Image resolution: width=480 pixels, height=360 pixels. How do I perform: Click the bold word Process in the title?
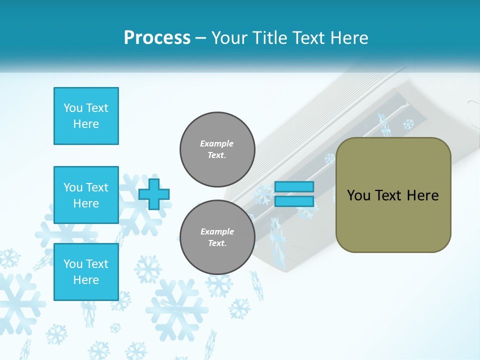157,37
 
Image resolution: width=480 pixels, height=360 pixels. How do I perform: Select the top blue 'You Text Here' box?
86,116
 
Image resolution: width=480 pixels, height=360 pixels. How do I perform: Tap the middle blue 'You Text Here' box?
86,195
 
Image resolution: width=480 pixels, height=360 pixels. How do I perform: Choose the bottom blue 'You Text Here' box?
86,272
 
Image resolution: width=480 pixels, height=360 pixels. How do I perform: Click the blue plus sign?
154,194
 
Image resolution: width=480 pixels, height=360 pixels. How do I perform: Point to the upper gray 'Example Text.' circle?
217,149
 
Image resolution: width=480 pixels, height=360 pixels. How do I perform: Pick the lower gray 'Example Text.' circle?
217,237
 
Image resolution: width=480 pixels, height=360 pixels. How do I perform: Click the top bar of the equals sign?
294,187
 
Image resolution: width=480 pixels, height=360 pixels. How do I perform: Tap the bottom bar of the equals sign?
294,201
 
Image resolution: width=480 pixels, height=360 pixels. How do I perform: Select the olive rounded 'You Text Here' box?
393,195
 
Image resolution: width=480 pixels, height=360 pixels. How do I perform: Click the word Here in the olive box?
422,195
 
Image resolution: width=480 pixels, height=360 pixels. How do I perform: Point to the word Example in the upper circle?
217,143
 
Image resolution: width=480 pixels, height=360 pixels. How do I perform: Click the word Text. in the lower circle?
217,243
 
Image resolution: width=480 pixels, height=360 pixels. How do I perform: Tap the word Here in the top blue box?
86,124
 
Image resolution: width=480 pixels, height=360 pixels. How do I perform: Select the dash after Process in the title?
200,38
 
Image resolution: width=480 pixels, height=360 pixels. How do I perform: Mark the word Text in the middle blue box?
97,187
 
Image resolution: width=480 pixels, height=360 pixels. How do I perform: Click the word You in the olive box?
358,195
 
